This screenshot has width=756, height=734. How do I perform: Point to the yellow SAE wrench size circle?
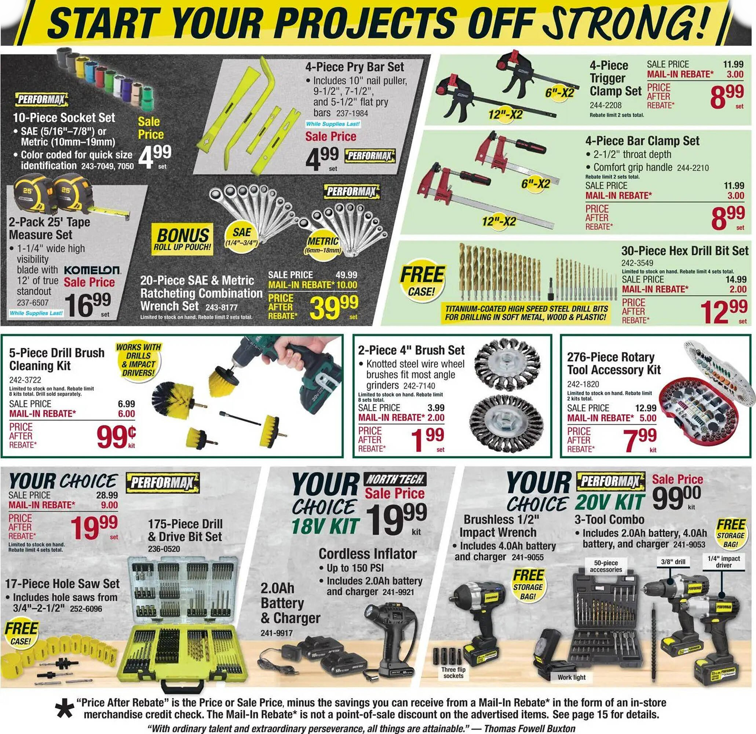tap(241, 236)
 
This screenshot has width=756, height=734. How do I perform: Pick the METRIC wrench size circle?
tap(323, 245)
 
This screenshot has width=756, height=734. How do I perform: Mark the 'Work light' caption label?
tap(571, 677)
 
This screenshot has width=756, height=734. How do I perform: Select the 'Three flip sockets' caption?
tap(453, 673)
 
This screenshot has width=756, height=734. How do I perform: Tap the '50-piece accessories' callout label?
tap(606, 566)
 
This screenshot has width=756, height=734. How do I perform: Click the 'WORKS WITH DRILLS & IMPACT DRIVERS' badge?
tap(138, 360)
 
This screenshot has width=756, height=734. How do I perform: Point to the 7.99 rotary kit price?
tap(639, 440)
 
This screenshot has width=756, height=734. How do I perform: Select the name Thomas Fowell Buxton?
tap(530, 728)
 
